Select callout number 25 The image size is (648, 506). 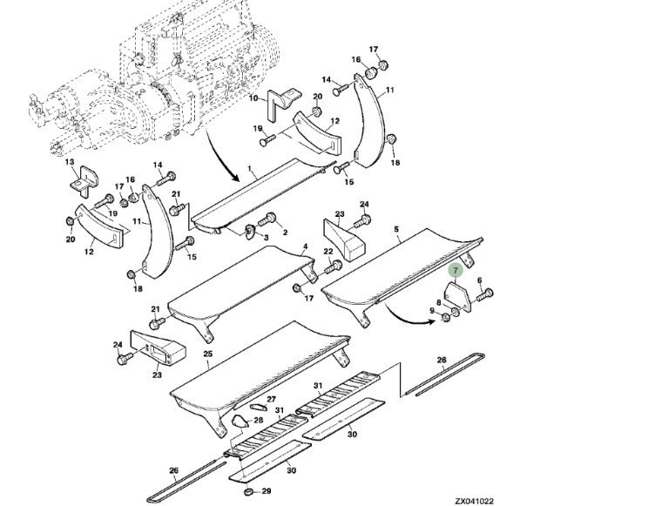(206, 354)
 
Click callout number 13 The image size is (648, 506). (70, 162)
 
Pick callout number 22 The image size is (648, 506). (328, 252)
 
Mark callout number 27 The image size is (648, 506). (271, 398)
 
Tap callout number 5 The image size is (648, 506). (396, 231)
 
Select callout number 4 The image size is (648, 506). (305, 247)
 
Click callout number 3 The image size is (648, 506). (265, 237)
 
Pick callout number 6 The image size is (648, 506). (480, 280)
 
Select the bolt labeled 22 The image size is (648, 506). (332, 267)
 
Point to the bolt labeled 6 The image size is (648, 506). (485, 293)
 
